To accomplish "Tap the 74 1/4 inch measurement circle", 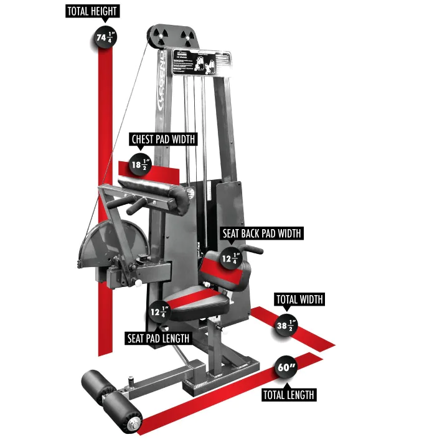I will tap(105, 38).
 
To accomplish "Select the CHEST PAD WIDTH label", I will tap(162, 139).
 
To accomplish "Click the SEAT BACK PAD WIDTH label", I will tap(262, 233).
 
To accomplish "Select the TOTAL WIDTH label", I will tap(299, 299).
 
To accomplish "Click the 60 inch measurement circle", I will tap(286, 367).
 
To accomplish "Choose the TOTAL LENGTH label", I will tap(288, 395).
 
